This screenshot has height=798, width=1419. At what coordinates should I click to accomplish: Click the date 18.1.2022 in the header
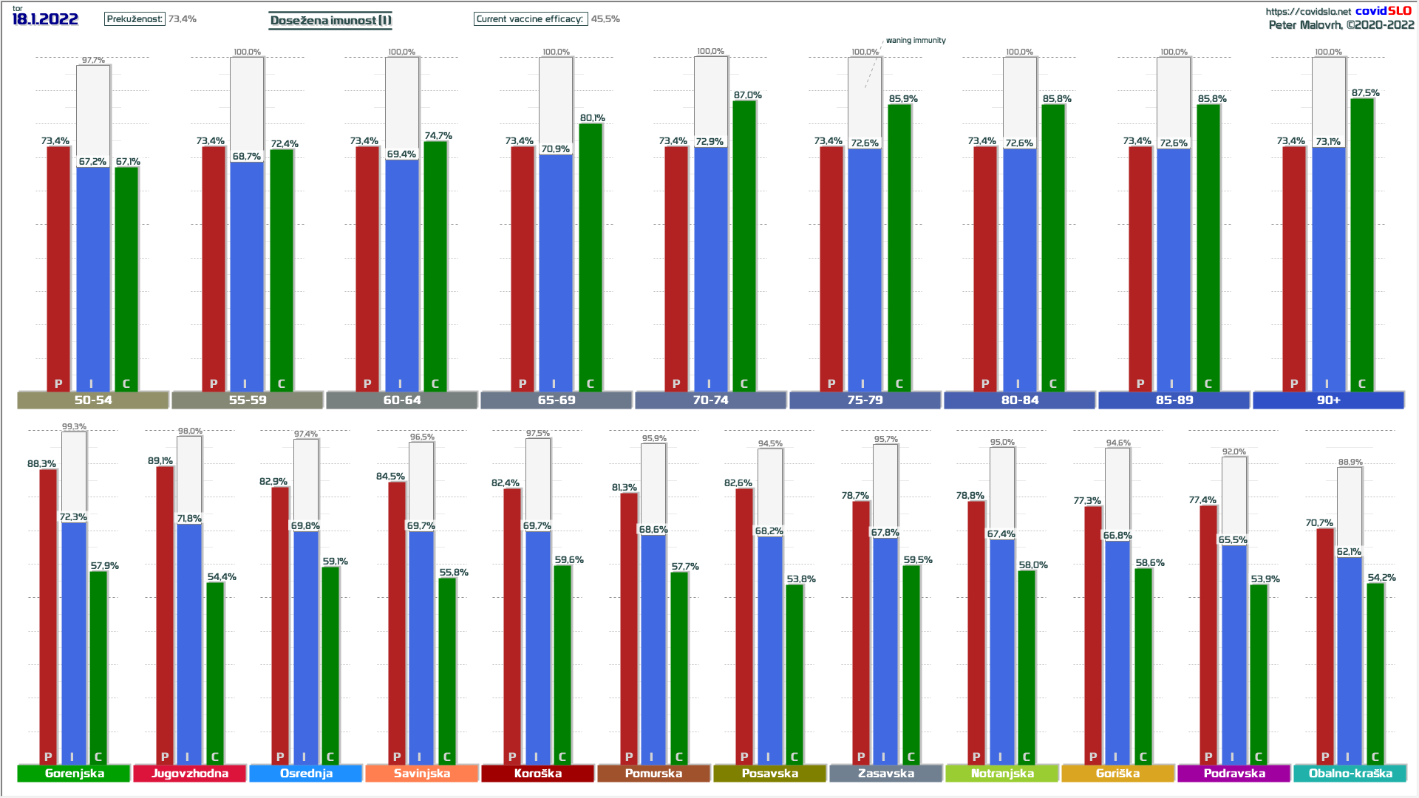pyautogui.click(x=45, y=19)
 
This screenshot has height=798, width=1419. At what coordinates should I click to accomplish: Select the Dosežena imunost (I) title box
pyautogui.click(x=330, y=20)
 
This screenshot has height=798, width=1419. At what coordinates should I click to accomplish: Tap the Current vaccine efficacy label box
pyautogui.click(x=530, y=19)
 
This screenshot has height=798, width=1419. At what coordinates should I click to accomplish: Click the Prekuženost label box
pyautogui.click(x=135, y=19)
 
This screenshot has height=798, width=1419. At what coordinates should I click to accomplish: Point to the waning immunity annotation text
pyautogui.click(x=916, y=41)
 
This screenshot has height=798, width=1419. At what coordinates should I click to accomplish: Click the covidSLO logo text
pyautogui.click(x=1383, y=10)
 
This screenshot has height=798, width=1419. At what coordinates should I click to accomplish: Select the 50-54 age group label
pyautogui.click(x=93, y=400)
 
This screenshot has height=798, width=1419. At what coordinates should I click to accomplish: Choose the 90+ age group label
pyautogui.click(x=1328, y=400)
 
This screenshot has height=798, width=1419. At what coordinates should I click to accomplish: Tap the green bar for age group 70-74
pyautogui.click(x=744, y=244)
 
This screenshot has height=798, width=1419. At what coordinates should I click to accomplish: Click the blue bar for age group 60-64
pyautogui.click(x=401, y=273)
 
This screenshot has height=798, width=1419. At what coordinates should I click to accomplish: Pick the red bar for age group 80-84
pyautogui.click(x=985, y=266)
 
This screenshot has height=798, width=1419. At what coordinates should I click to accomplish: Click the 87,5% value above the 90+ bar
pyautogui.click(x=1365, y=93)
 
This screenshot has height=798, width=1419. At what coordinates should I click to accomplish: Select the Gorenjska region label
pyautogui.click(x=74, y=773)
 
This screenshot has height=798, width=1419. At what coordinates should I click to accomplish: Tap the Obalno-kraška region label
pyautogui.click(x=1350, y=773)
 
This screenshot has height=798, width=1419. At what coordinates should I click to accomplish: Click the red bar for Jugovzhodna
pyautogui.click(x=165, y=613)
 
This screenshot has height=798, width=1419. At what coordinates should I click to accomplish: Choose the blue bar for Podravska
pyautogui.click(x=1233, y=650)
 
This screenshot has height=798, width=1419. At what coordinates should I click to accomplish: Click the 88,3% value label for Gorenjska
pyautogui.click(x=41, y=464)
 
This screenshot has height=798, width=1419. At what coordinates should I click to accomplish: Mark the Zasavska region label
pyautogui.click(x=886, y=773)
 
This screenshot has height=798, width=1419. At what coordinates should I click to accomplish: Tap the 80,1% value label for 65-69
pyautogui.click(x=592, y=118)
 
